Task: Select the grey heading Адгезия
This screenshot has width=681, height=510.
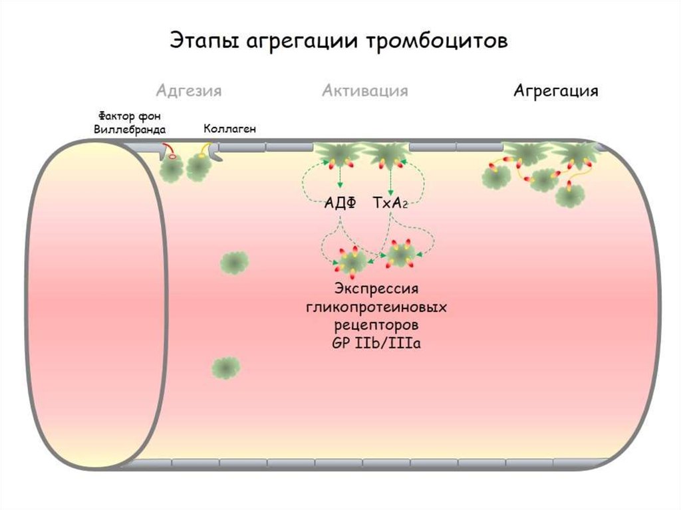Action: (189, 90)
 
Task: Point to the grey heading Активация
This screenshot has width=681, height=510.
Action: (365, 90)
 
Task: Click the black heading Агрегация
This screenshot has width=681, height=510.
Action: (555, 90)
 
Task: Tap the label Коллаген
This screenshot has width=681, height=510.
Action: (229, 128)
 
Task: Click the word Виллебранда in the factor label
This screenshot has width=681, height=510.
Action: (130, 129)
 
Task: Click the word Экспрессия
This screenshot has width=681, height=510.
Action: (376, 289)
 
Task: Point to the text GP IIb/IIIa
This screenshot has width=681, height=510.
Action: (376, 345)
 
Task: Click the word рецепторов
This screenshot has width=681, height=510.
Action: (376, 326)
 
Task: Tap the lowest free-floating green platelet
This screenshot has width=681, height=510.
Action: (226, 367)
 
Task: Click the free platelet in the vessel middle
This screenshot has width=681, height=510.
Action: (234, 263)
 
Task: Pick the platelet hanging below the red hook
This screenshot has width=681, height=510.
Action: (172, 170)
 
